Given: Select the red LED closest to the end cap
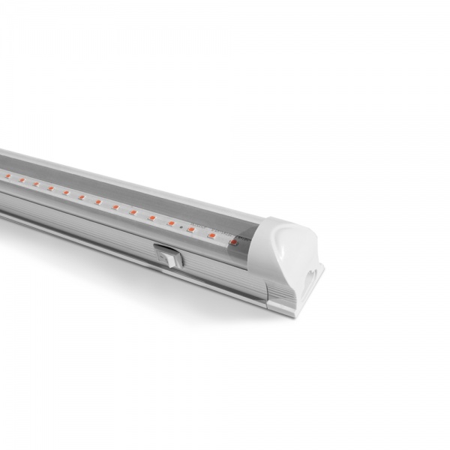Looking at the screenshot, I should click(233, 242).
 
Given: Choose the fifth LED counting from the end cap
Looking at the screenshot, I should click(151, 217).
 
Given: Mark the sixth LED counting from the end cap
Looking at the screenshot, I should click(132, 212).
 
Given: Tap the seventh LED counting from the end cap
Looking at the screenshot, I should click(115, 207).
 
